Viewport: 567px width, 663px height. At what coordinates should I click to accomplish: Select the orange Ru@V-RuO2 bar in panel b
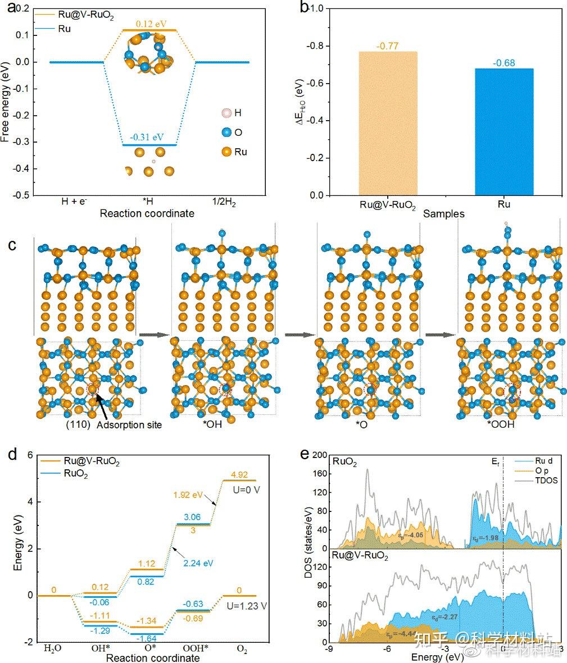(388, 124)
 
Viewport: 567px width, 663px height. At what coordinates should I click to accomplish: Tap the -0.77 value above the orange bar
(388, 46)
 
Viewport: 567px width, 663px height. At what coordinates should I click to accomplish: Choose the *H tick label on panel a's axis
(147, 201)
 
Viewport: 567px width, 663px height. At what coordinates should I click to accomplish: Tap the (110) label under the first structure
(76, 425)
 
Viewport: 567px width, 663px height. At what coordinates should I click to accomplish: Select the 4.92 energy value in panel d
(240, 474)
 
